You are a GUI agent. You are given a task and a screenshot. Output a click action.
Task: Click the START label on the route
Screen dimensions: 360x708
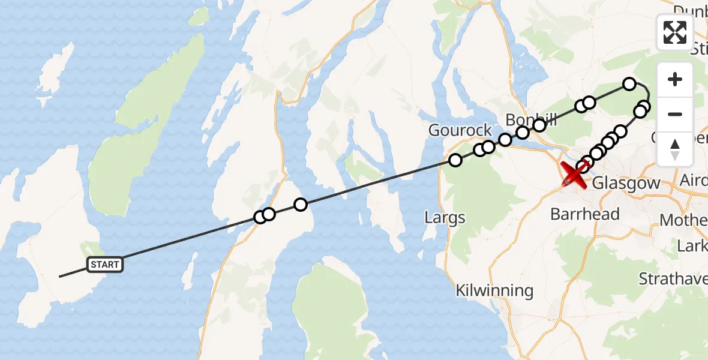coord(106,264)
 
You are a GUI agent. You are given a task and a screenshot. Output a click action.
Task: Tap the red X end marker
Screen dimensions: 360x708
coord(574,175)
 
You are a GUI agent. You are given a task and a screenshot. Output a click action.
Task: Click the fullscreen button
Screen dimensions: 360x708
coord(675,32)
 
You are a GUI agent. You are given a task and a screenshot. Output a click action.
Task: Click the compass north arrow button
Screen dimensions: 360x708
coord(675,149)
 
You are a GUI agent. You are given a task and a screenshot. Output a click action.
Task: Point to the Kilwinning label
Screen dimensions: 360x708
coord(494,291)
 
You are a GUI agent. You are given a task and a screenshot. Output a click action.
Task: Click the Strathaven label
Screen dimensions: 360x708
coord(673,279)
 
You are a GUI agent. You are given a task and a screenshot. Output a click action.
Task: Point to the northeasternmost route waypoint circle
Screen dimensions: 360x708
coord(629,84)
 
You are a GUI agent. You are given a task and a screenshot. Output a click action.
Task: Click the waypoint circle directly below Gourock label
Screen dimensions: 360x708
coord(455,160)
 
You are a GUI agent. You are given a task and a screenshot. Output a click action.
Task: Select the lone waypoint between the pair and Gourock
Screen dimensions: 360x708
coord(301,205)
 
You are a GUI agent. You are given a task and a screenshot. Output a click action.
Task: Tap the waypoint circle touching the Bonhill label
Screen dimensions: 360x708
coord(539,125)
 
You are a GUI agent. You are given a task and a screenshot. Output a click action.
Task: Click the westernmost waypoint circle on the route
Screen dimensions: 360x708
coord(260,217)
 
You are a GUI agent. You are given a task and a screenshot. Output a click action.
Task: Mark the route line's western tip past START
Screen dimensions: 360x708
coord(60,276)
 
